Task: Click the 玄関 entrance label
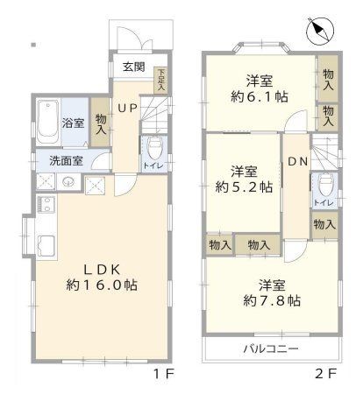coord(133,67)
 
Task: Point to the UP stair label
coord(128,108)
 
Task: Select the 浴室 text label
coord(74,123)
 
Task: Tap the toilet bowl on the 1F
coord(153,146)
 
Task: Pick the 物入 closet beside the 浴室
coord(100,123)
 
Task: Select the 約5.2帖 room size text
coord(245,186)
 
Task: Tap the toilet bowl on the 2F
coord(324,184)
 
